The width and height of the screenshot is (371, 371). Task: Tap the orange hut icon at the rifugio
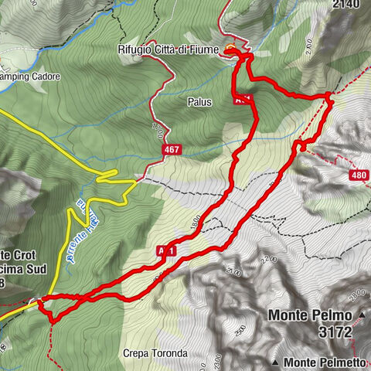point(230,51)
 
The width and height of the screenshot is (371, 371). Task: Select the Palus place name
point(199,101)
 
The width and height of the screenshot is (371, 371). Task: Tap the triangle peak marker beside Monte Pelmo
point(361,315)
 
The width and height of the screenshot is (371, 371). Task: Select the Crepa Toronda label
point(155,353)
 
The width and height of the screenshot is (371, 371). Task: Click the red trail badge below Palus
point(241,98)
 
